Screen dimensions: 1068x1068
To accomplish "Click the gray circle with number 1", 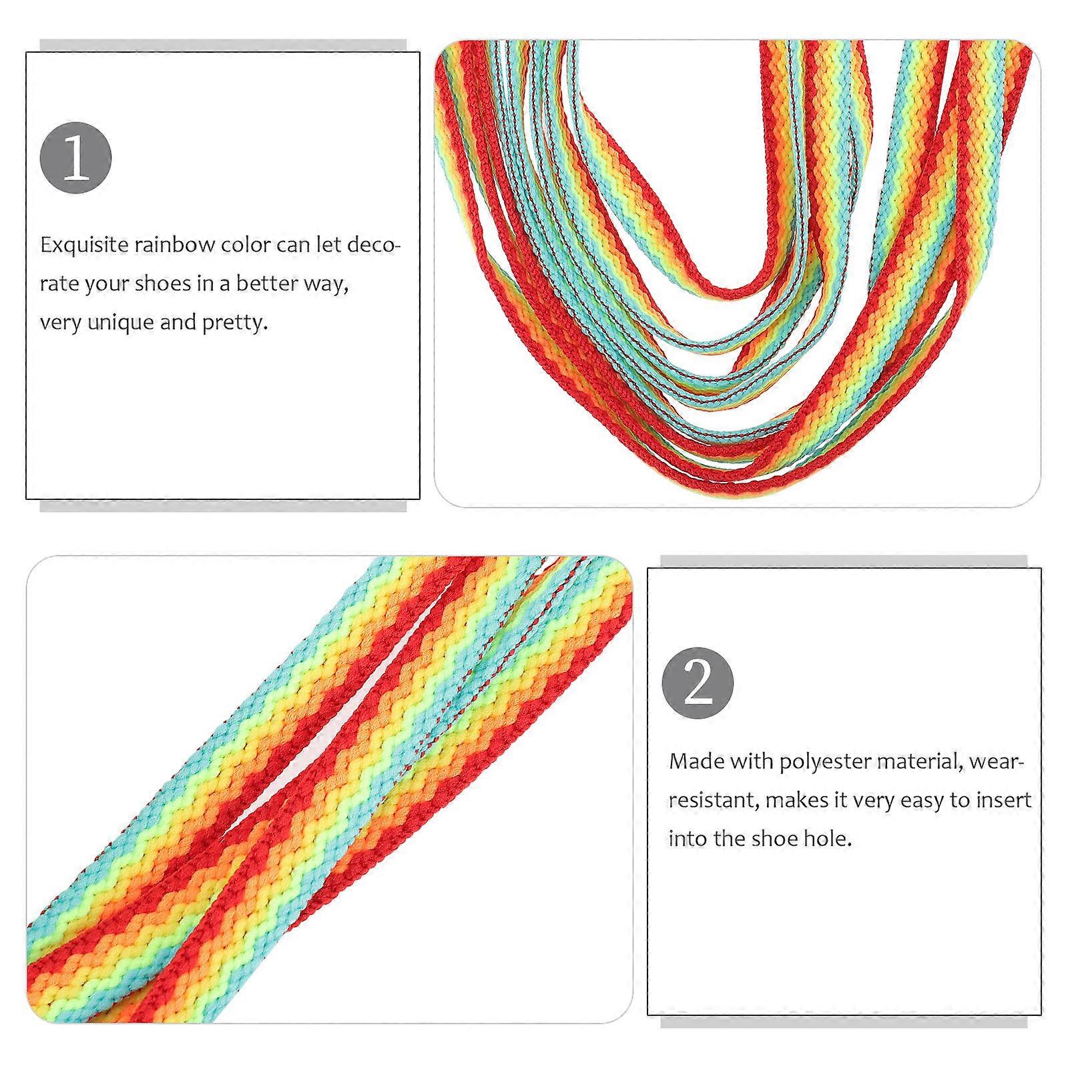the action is [x=75, y=158].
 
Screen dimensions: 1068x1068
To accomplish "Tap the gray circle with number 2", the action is [x=698, y=683].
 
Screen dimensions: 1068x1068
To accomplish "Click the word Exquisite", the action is [x=84, y=246].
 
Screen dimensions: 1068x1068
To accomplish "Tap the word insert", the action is [x=1005, y=800].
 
